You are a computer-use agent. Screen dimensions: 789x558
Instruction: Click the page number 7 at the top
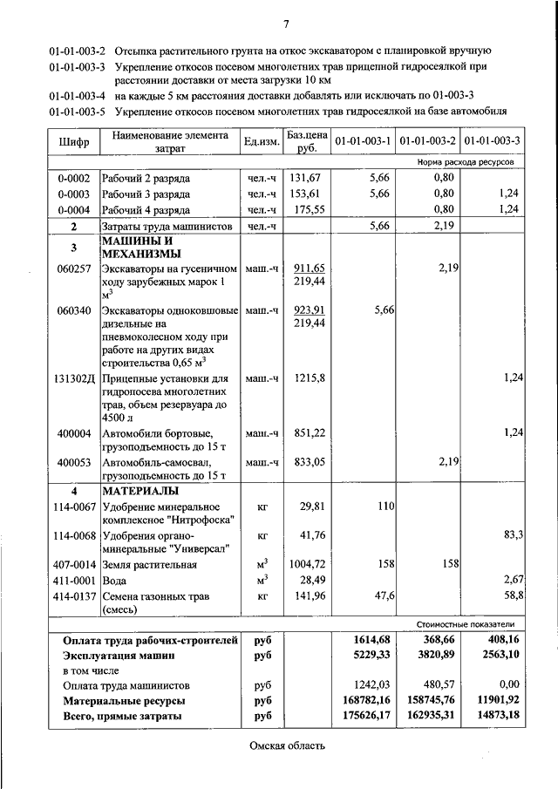(x=286, y=23)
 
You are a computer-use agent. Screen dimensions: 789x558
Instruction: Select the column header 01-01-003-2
(x=428, y=141)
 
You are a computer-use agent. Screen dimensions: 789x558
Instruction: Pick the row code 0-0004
(x=74, y=209)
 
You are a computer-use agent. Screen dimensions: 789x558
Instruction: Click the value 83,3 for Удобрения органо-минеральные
(x=512, y=534)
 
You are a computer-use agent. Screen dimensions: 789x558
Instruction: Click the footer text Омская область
(x=287, y=747)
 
